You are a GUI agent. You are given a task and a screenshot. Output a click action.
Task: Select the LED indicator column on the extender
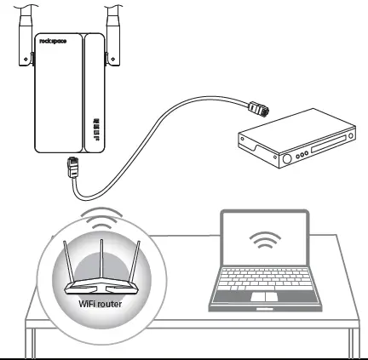95,127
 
